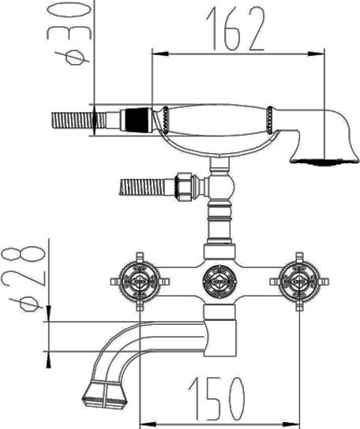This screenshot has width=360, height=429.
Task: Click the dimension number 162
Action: click(x=235, y=28)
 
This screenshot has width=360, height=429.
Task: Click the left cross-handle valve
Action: click(x=140, y=282)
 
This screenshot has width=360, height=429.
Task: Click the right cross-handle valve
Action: click(x=299, y=282)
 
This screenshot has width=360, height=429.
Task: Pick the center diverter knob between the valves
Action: click(x=219, y=282)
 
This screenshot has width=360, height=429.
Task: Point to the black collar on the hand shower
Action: click(x=138, y=120)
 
